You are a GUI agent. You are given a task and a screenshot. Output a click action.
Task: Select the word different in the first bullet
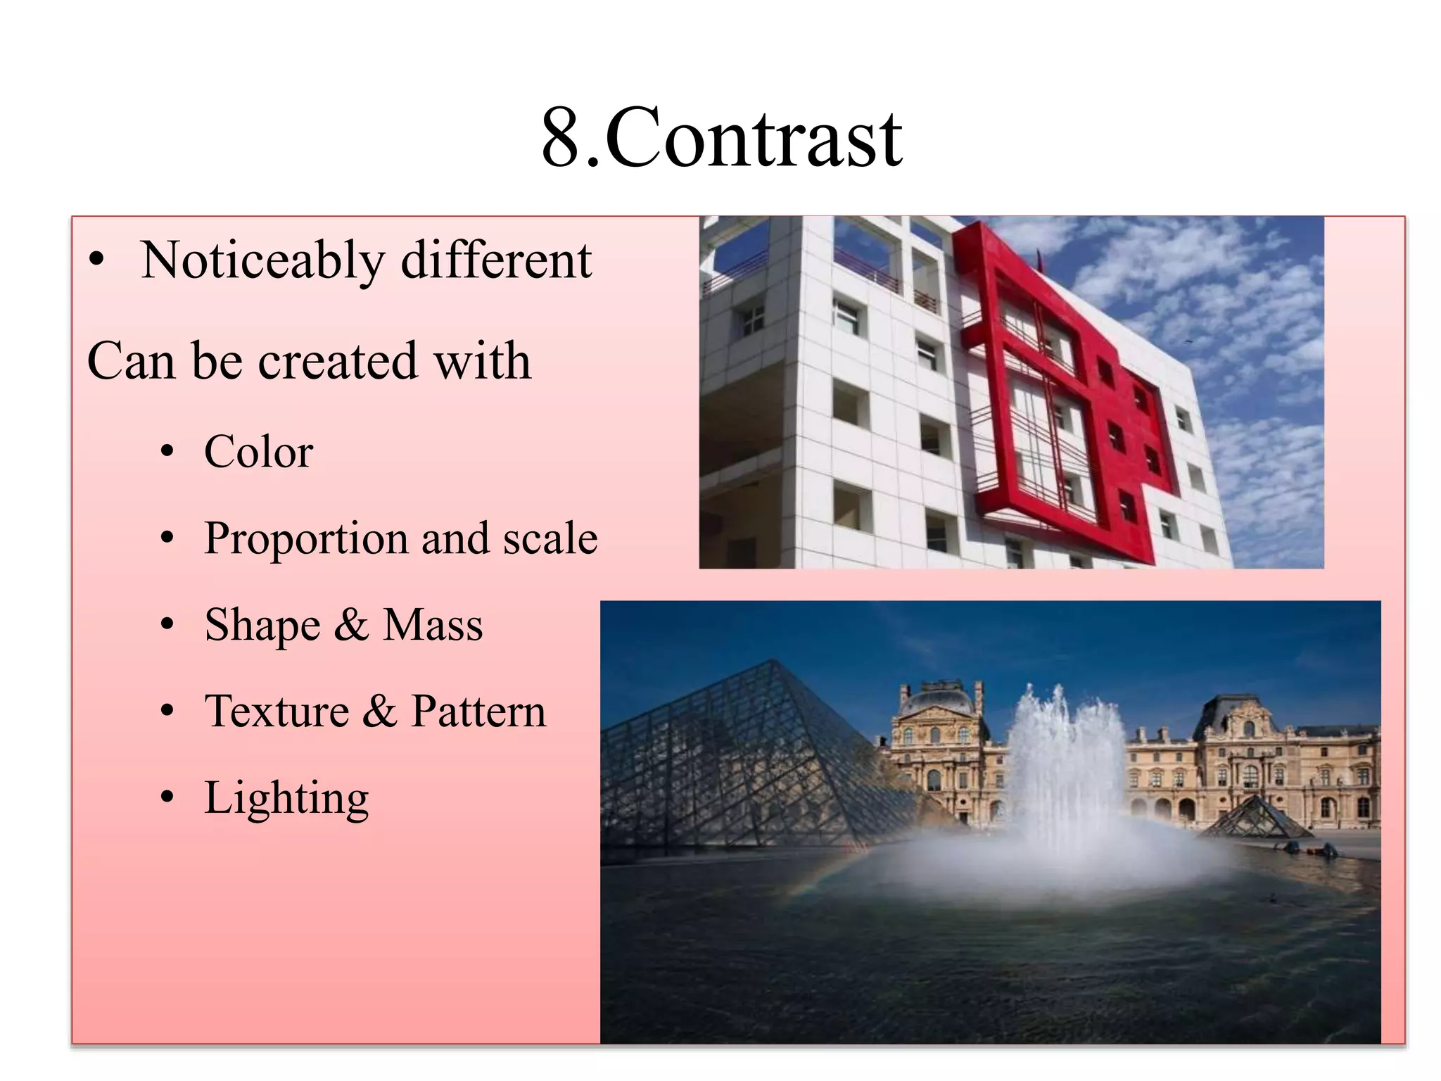click(496, 260)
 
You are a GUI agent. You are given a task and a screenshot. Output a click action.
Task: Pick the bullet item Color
click(258, 452)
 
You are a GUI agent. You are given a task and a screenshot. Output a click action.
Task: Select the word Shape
click(262, 626)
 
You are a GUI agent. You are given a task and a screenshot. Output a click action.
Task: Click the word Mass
click(433, 626)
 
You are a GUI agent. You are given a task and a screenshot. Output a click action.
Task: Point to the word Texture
click(277, 712)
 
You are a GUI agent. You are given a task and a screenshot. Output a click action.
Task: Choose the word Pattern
click(478, 712)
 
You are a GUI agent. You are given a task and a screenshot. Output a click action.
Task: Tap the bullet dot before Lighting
click(167, 798)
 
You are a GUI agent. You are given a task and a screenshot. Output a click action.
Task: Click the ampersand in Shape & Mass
click(351, 626)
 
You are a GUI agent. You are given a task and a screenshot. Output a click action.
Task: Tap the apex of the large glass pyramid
click(773, 662)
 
